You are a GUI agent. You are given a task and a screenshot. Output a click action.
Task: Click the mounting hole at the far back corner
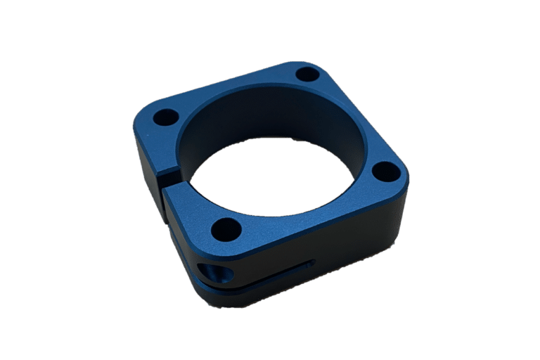(x=307, y=72)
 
